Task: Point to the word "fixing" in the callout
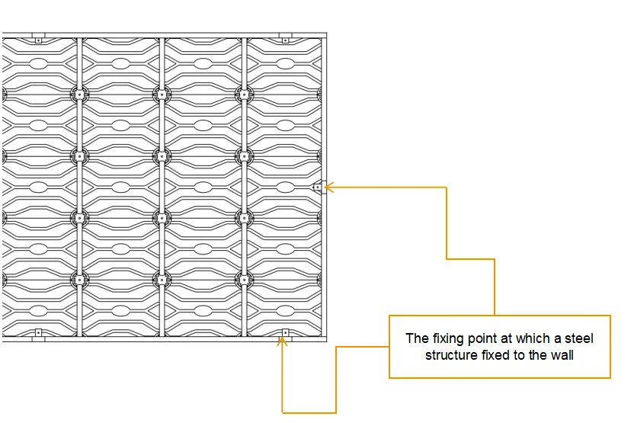coord(449,338)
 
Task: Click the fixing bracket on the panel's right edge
coord(318,186)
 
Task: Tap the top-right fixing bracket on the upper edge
coord(285,39)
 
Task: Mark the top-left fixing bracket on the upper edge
coord(38,38)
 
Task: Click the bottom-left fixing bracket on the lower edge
coord(38,333)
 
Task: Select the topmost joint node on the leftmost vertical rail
coord(78,94)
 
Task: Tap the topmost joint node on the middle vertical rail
coord(161,94)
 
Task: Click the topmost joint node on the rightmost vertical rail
coord(243,94)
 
